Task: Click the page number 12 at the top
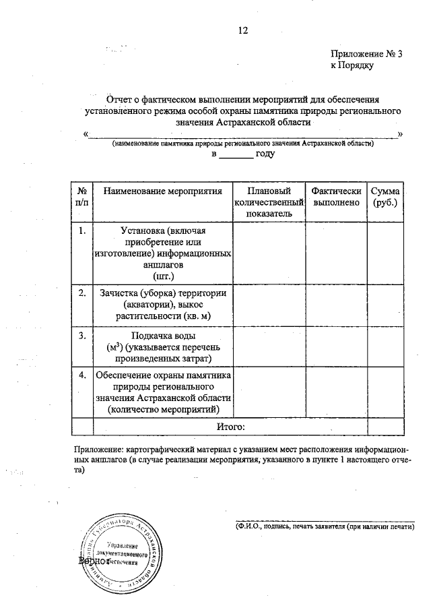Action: click(243, 31)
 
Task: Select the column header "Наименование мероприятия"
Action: click(163, 191)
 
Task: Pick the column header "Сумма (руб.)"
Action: click(385, 197)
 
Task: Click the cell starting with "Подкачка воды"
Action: click(163, 346)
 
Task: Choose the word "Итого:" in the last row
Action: click(230, 427)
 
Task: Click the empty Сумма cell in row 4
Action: click(385, 392)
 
